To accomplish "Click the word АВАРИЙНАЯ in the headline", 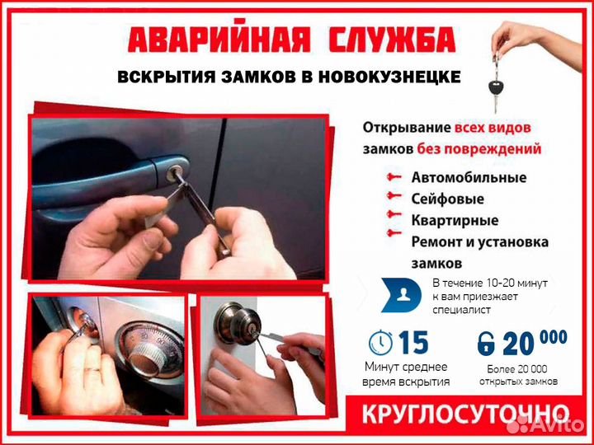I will point(221,40).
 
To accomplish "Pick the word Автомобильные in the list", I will point(468,177).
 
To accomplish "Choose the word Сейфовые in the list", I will point(447,199).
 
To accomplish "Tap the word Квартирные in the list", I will point(454,220).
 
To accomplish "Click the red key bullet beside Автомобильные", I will point(394,176).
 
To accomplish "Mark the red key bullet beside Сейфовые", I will point(394,198).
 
